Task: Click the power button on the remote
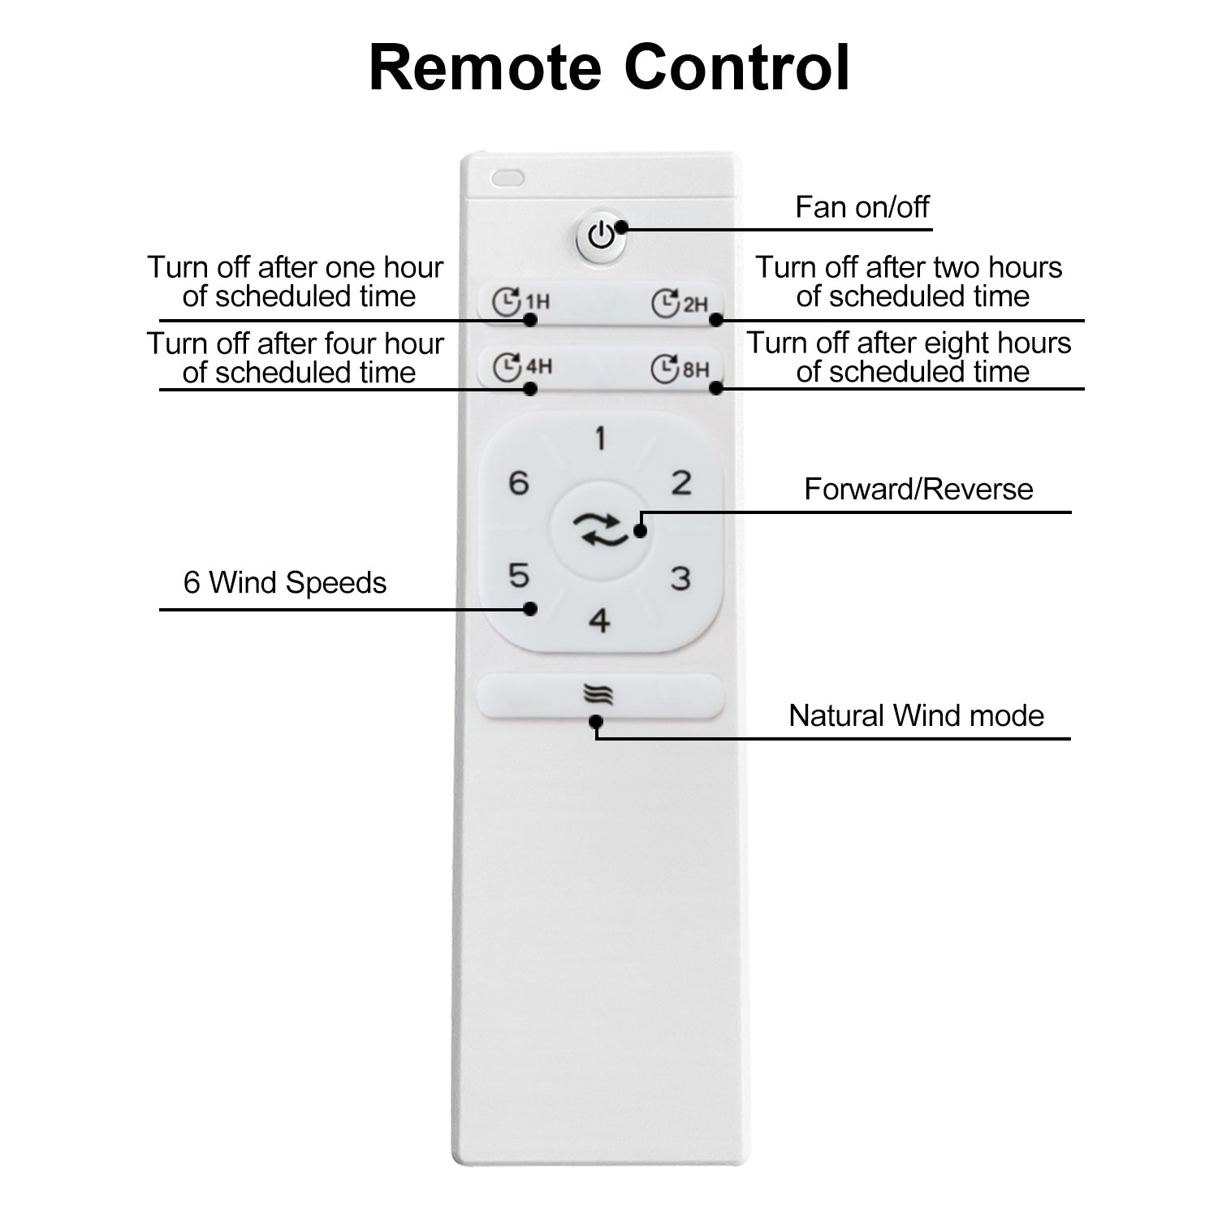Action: (x=601, y=237)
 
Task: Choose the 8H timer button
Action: (x=680, y=369)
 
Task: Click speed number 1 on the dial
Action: (x=600, y=439)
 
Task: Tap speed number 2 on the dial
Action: (x=681, y=483)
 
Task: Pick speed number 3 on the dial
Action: (x=680, y=579)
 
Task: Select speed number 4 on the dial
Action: (x=599, y=621)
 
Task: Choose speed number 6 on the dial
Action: (x=519, y=483)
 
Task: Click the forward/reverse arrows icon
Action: (x=600, y=530)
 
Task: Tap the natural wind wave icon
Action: (x=598, y=695)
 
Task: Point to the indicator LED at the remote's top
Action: (x=508, y=178)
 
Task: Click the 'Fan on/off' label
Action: (x=862, y=207)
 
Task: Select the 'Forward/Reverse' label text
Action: (x=918, y=489)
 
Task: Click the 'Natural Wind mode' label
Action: (x=916, y=715)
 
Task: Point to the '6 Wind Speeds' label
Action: (x=285, y=582)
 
